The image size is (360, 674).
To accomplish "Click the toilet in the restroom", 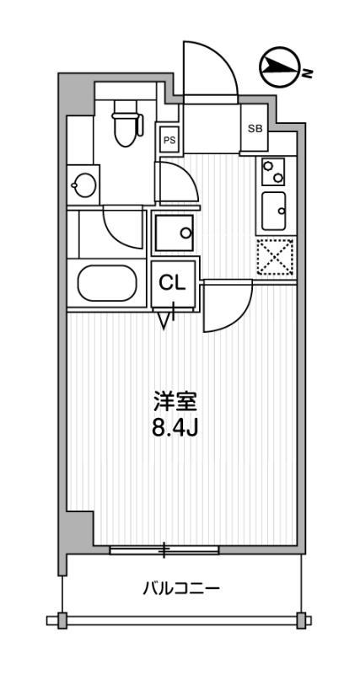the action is point(126,123).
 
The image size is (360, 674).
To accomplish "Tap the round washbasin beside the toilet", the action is point(84,185).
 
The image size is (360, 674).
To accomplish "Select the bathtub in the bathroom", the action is point(107,283).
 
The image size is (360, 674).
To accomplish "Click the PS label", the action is point(169,140).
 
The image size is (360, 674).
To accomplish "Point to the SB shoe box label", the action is point(255,128).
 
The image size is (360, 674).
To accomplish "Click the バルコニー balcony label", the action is point(181,587).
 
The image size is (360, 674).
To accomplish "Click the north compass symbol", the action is point(279,67).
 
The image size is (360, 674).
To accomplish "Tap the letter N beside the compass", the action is point(307,73).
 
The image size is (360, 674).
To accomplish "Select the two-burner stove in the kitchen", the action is point(273,172).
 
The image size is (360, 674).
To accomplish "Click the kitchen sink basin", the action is point(273,211).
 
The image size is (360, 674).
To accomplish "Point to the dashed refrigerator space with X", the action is point(275,257).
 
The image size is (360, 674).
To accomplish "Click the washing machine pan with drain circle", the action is point(175,233).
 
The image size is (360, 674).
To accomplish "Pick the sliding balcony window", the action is point(164,550).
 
